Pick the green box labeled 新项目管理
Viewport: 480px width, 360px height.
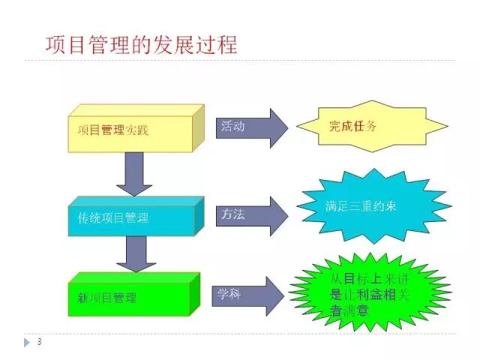130,296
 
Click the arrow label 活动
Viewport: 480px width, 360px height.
232,127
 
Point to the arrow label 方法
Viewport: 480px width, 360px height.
232,214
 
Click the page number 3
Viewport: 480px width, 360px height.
39,342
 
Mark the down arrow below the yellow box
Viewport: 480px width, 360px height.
135,173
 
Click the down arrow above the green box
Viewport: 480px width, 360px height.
135,255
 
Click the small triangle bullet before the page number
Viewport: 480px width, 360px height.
29,342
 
